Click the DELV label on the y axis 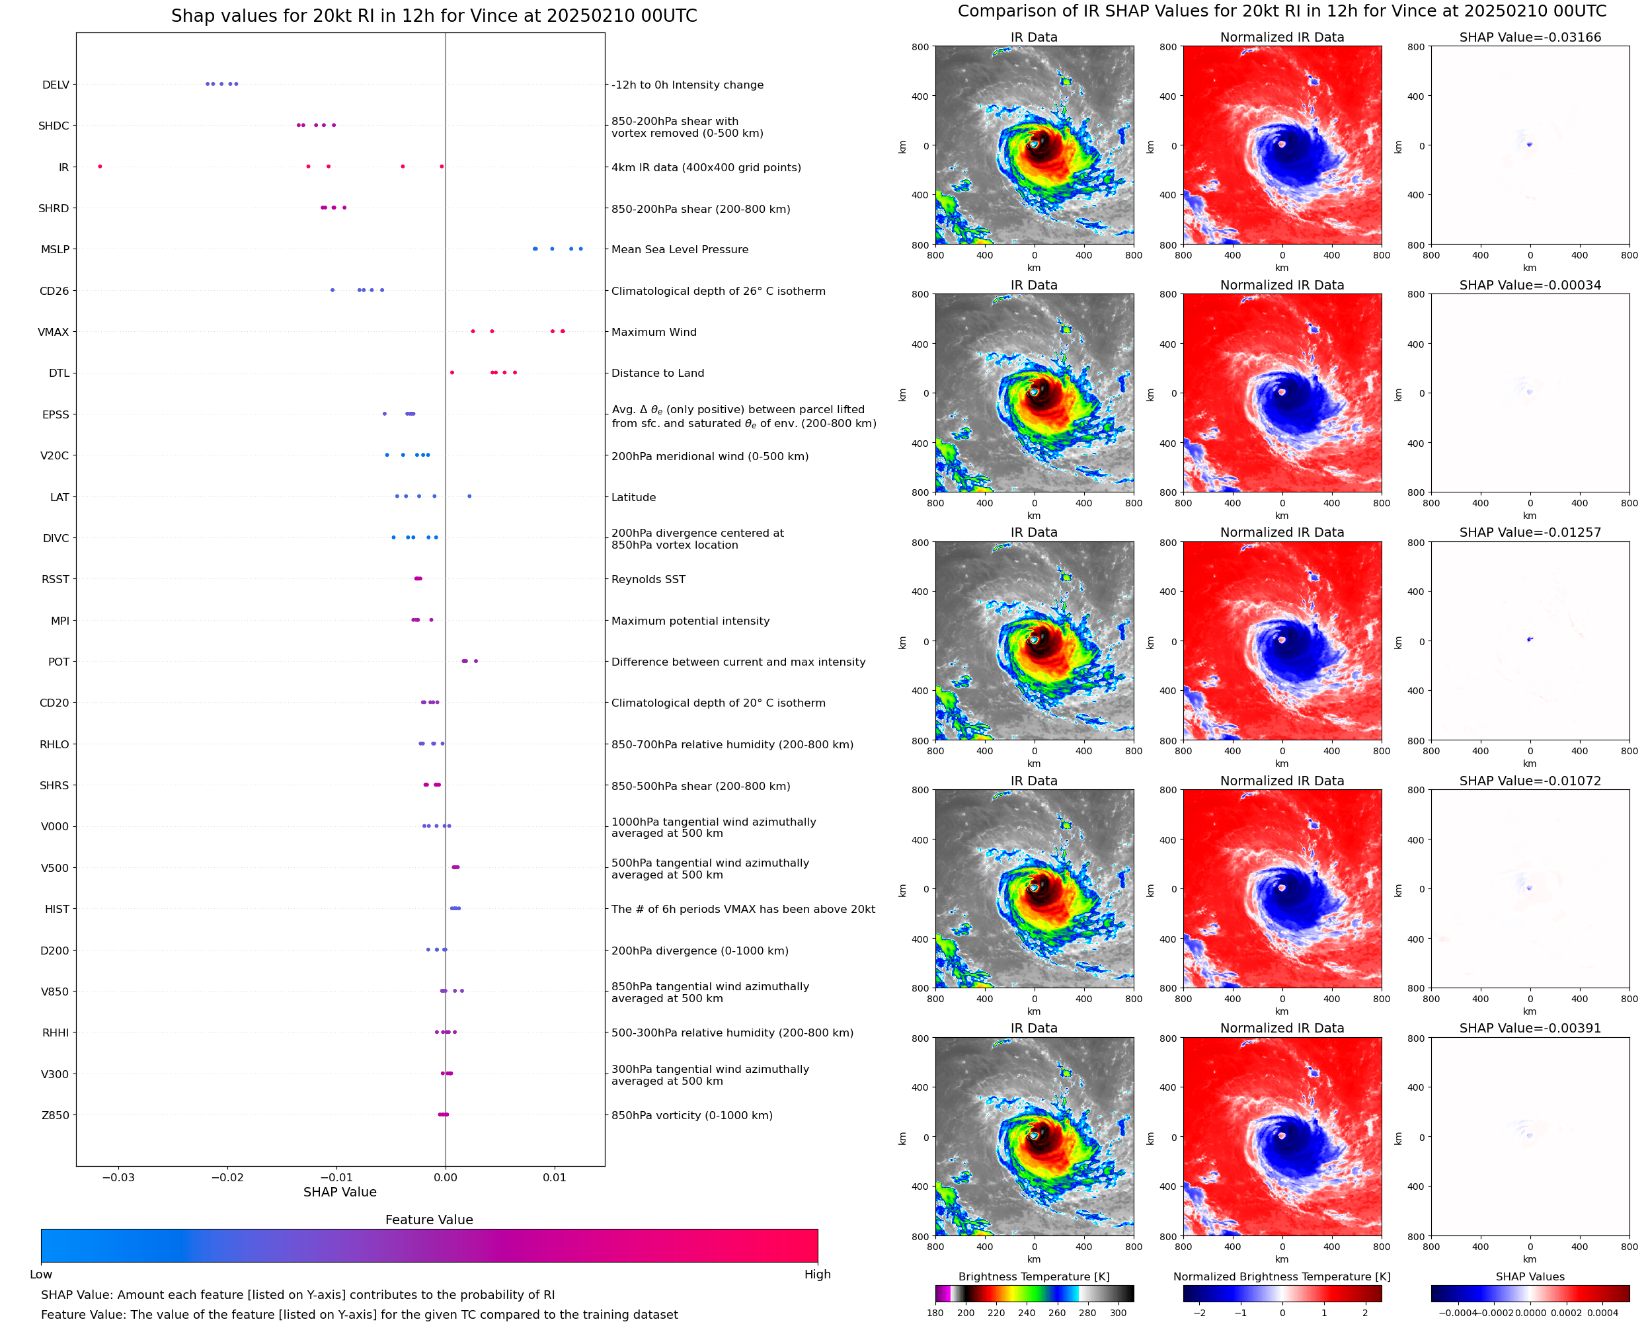[56, 85]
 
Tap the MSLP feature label [55, 249]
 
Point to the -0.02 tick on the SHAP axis [227, 1177]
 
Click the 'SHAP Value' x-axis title [340, 1192]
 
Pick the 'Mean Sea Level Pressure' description [679, 249]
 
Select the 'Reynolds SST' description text [648, 579]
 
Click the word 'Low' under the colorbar [40, 1274]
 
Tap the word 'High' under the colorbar [817, 1274]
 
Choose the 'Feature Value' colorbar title [429, 1220]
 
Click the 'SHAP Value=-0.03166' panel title [1530, 38]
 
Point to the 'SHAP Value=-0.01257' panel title [1530, 532]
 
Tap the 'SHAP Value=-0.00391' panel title [1530, 1028]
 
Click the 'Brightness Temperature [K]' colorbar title [1033, 1276]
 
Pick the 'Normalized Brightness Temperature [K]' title [1282, 1276]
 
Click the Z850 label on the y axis [55, 1115]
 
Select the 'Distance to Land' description [658, 373]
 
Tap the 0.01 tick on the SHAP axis [555, 1177]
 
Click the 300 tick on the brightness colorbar [1118, 1313]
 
